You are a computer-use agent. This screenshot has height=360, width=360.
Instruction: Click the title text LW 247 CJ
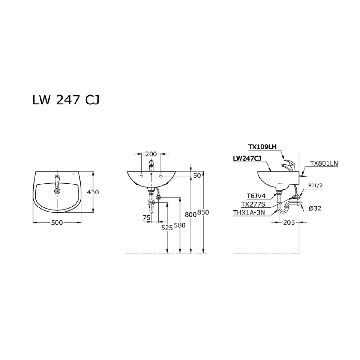tap(66, 101)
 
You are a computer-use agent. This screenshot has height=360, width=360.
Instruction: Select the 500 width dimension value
tap(57, 222)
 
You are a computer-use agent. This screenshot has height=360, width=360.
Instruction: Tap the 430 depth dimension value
tap(93, 192)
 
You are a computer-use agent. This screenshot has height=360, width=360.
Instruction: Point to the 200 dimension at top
tap(151, 154)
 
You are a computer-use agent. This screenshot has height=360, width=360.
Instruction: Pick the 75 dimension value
tap(146, 217)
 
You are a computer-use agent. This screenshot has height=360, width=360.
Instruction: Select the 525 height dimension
tap(167, 228)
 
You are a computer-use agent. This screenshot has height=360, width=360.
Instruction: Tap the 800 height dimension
tap(191, 214)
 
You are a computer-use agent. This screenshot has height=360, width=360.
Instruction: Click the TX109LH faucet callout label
tap(262, 147)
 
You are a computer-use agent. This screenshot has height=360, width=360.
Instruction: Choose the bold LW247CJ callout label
tap(247, 159)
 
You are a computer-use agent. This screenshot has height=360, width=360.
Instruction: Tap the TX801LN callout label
tap(324, 163)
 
